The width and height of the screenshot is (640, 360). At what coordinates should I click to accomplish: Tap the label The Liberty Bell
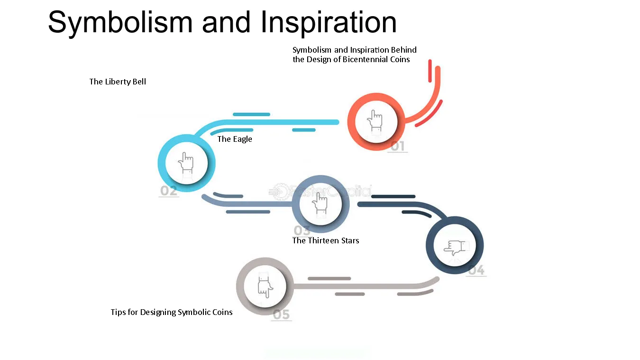(x=118, y=82)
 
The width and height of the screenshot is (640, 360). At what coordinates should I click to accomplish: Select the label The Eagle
(x=235, y=139)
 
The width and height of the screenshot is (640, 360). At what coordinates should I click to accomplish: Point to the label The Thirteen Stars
(x=326, y=240)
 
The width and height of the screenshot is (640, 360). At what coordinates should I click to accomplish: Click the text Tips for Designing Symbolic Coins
(x=172, y=312)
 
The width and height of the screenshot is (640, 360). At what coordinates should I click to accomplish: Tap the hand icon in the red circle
(x=375, y=120)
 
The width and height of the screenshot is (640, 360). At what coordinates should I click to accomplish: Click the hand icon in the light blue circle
(x=186, y=163)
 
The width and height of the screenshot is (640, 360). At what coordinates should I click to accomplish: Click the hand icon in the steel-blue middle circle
(x=320, y=203)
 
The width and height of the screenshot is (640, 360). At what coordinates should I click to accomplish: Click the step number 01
(x=397, y=147)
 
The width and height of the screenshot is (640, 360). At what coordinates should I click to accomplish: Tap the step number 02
(x=168, y=191)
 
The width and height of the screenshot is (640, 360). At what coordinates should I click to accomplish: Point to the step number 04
(x=476, y=270)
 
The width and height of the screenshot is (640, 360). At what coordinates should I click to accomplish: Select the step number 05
(x=281, y=315)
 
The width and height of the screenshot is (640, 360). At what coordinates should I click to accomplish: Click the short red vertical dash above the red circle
(x=430, y=71)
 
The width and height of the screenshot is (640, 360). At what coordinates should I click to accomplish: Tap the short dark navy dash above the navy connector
(x=393, y=196)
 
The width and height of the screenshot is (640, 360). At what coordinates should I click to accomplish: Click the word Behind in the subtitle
(x=404, y=50)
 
